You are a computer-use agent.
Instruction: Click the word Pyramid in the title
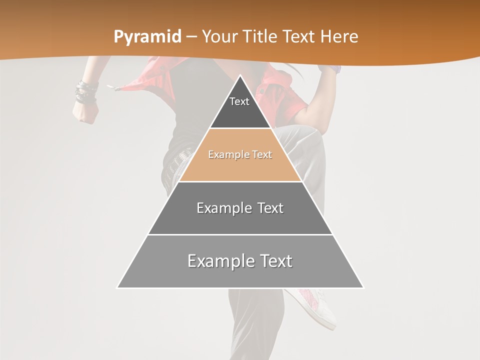click(147, 37)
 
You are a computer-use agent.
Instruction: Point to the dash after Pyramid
click(191, 37)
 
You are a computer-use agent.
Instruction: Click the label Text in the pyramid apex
click(239, 101)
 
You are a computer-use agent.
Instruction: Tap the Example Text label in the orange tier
click(240, 155)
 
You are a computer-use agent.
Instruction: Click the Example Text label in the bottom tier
click(240, 261)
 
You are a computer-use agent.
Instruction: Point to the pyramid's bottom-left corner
click(117, 287)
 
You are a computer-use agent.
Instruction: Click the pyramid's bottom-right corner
click(363, 287)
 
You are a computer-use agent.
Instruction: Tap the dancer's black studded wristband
click(85, 93)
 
